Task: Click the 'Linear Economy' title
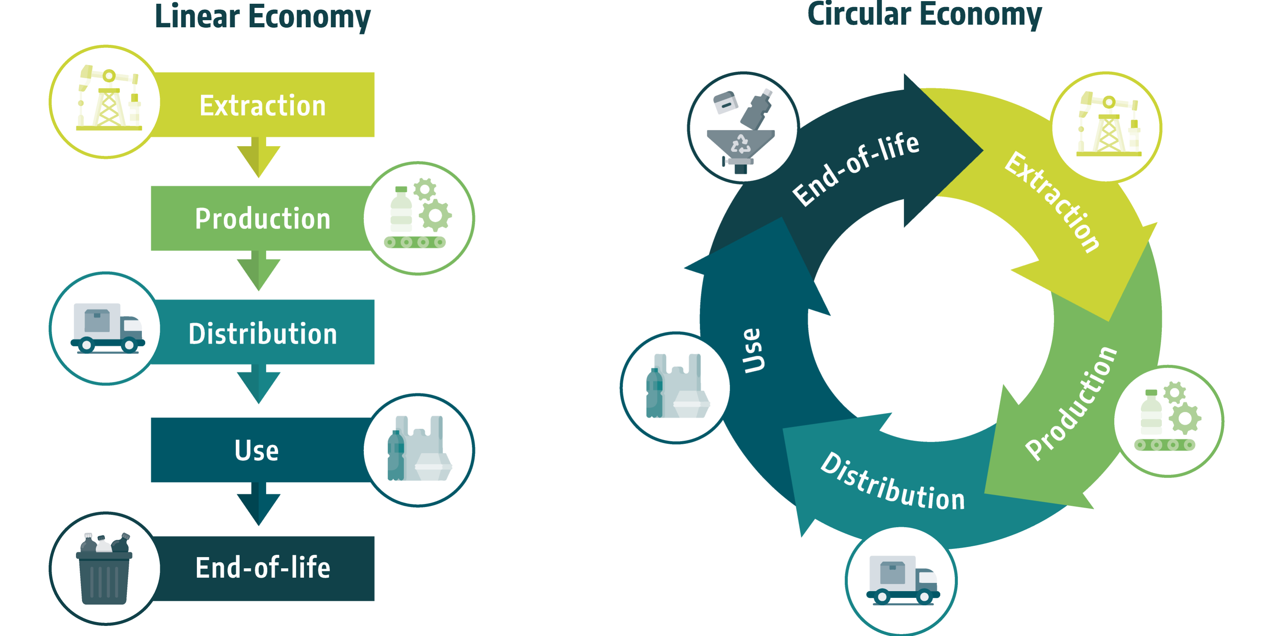coord(262,17)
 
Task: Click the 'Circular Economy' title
coord(924,15)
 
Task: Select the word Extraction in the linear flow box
coord(262,106)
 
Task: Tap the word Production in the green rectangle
coord(262,219)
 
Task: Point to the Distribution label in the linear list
coord(262,333)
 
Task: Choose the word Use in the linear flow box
coord(256,450)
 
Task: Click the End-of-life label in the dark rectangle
coord(262,568)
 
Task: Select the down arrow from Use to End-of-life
coord(258,504)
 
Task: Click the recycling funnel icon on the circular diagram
coord(741,131)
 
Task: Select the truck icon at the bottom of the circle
coord(902,580)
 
